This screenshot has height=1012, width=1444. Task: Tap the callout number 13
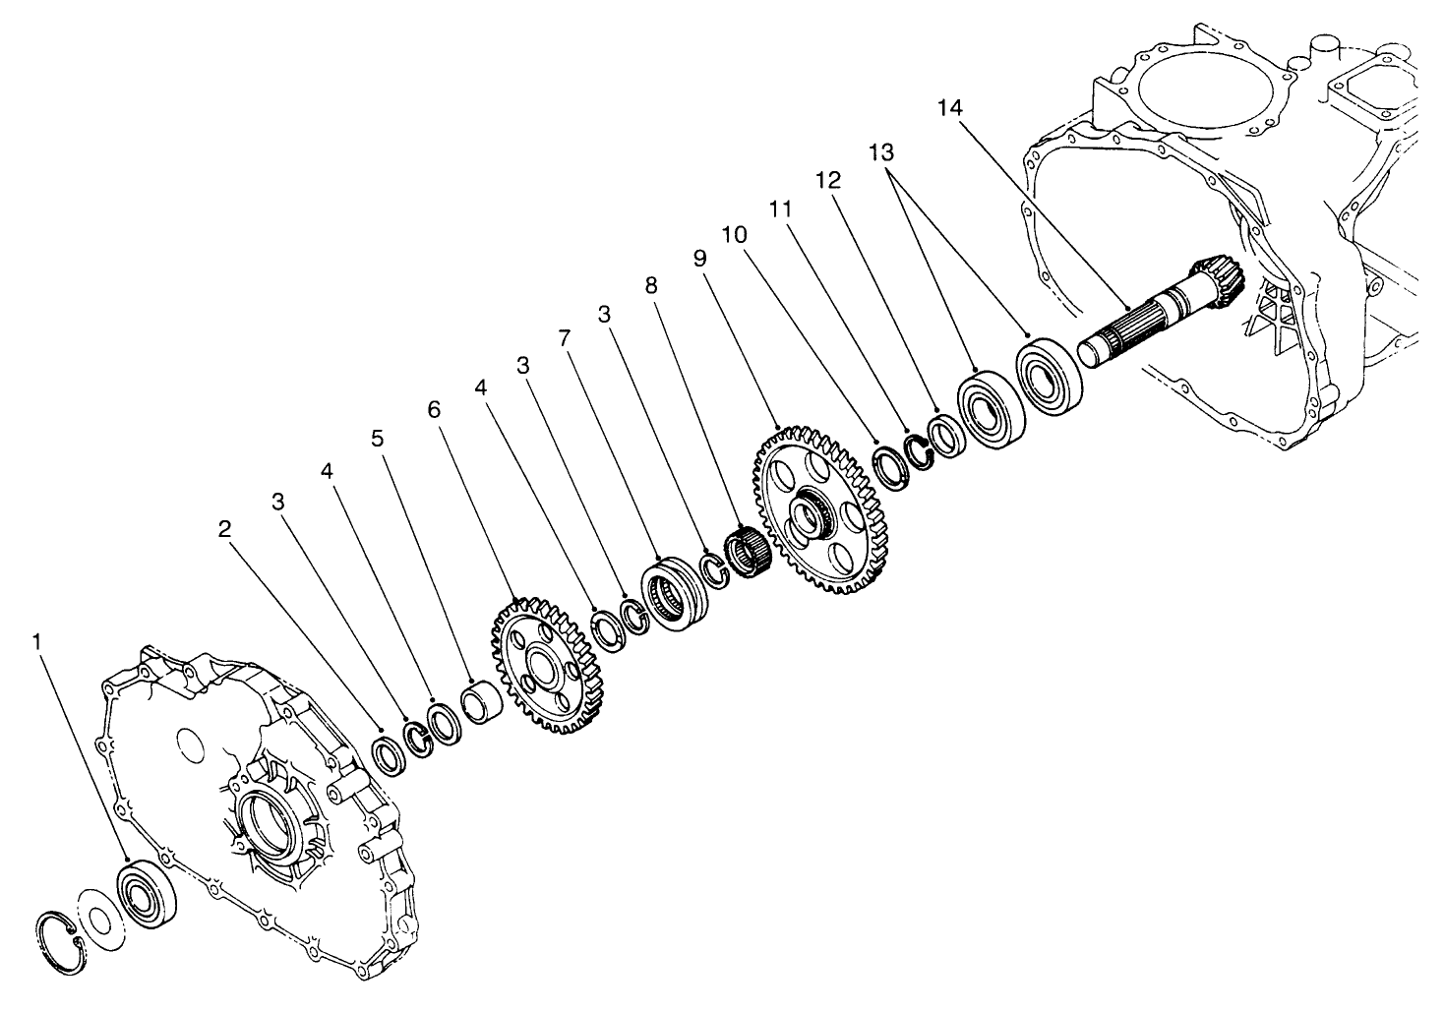[x=881, y=151]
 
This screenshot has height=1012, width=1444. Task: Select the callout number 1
[x=37, y=641]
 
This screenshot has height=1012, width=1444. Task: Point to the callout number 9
[x=699, y=258]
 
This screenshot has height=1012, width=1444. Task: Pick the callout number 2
[x=224, y=528]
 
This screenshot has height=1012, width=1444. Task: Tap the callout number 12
[x=828, y=180]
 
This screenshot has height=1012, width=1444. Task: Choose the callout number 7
[x=563, y=338]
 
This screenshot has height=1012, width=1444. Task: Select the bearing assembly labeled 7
[x=676, y=593]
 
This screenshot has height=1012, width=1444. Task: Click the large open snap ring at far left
[x=60, y=941]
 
